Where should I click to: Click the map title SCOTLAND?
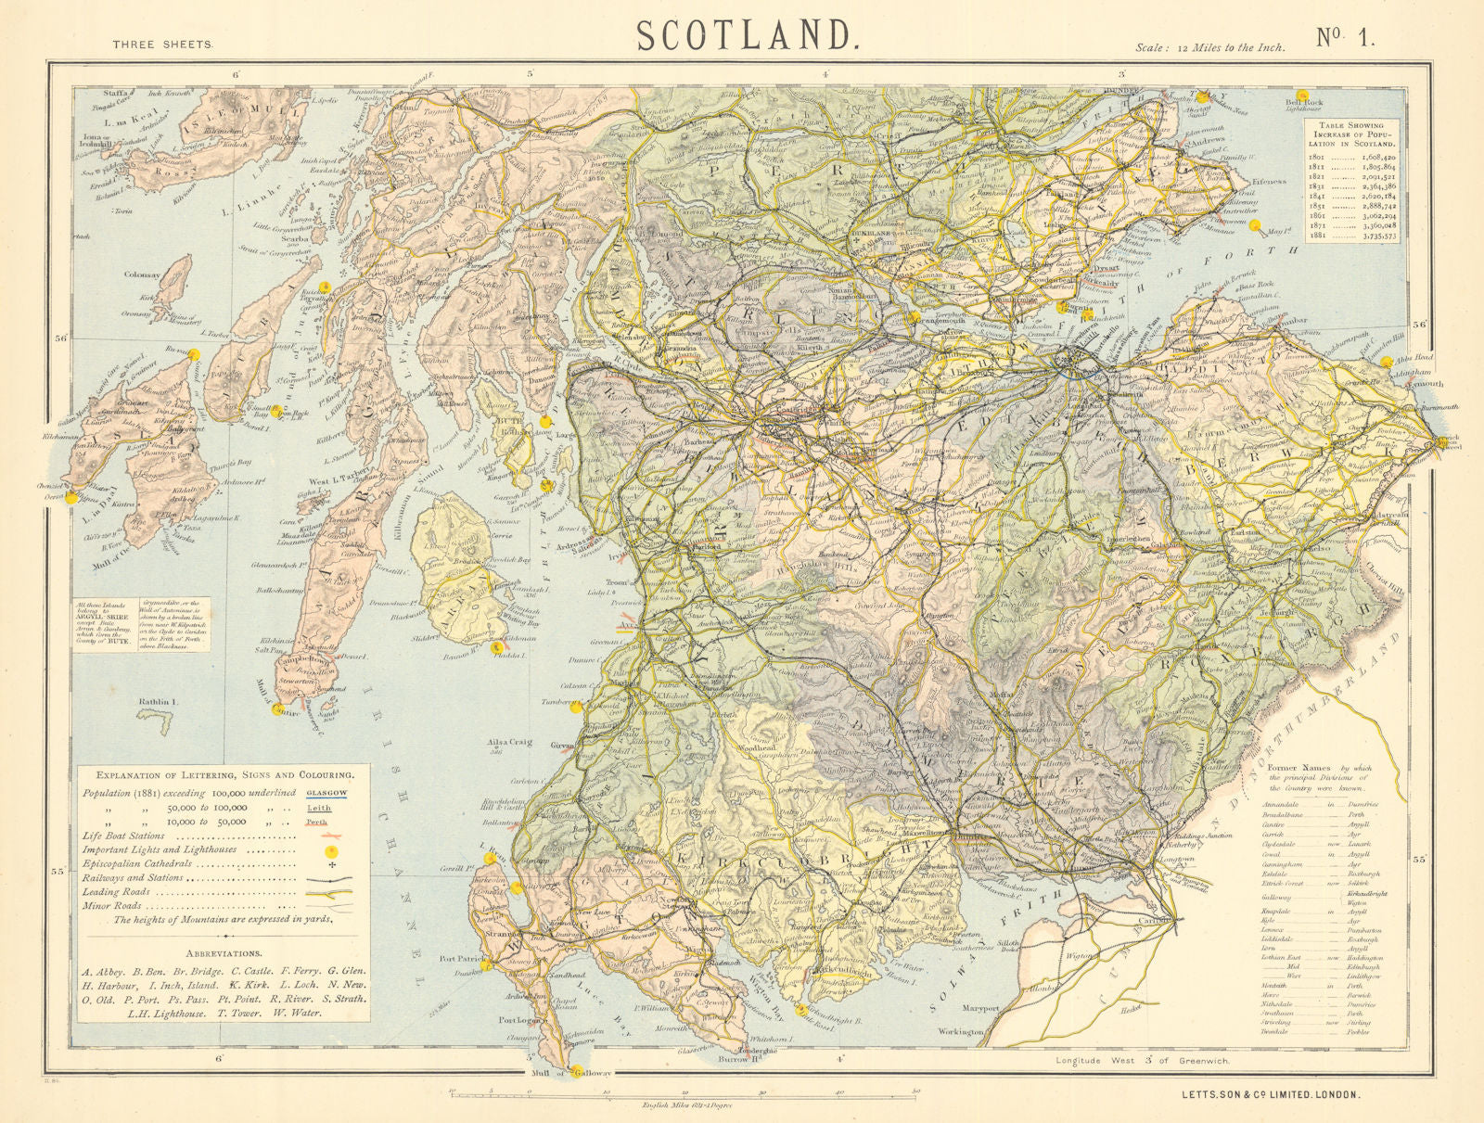[x=745, y=34]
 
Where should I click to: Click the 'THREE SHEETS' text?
[x=163, y=45]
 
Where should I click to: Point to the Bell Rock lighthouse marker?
[x=1303, y=95]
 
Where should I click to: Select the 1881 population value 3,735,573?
[x=1376, y=236]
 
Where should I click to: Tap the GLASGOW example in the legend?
[x=326, y=793]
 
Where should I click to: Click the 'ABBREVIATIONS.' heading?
[x=223, y=953]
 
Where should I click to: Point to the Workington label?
[x=959, y=1031]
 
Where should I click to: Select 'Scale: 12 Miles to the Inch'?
[x=1209, y=47]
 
